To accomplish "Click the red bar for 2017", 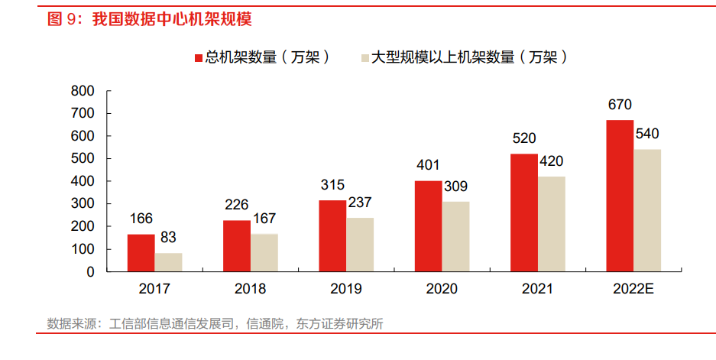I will [141, 253].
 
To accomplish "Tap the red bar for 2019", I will [332, 236].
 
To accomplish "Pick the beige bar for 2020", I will [456, 237].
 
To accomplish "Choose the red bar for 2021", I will [524, 212].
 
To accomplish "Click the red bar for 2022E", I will [620, 196].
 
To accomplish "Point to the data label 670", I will [620, 105].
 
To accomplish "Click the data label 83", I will [168, 238].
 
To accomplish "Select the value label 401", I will [428, 166].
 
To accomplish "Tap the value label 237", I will [360, 203].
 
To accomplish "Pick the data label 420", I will [552, 161].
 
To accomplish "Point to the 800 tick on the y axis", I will [83, 91].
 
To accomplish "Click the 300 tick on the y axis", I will [83, 204].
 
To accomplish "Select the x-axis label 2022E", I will [633, 289].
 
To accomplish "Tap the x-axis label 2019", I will [346, 289].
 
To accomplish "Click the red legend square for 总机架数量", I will [198, 57].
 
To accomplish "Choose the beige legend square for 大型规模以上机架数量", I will [364, 57].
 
